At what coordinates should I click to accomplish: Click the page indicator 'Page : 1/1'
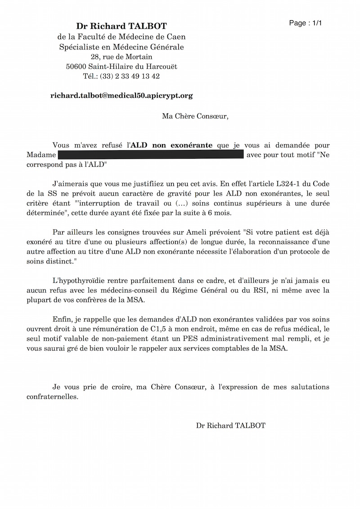pos(306,23)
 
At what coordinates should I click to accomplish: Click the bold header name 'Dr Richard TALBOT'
pos(121,27)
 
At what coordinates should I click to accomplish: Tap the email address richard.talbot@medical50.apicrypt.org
pos(121,96)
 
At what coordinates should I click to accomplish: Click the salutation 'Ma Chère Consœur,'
pos(195,116)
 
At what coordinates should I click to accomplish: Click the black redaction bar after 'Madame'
pos(150,155)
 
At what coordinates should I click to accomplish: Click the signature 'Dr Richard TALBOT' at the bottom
pos(230,425)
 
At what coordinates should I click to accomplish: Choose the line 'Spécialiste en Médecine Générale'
pos(121,47)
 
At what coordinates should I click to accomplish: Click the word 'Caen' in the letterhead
pos(177,37)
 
